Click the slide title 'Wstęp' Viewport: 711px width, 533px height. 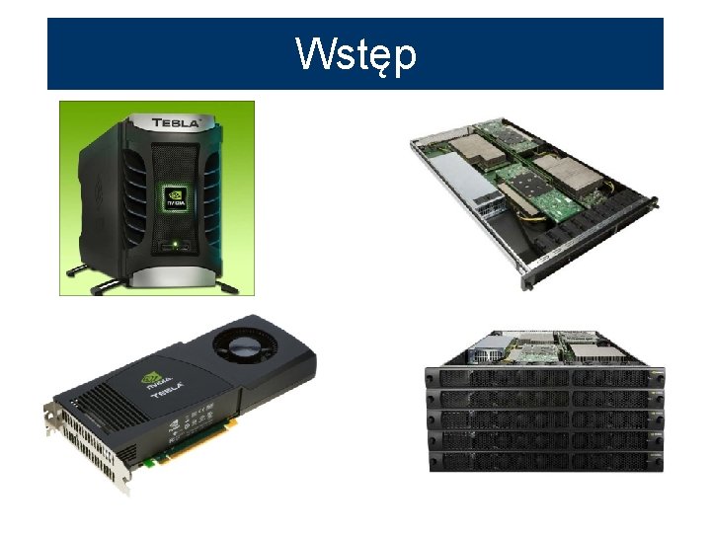tap(355, 54)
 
